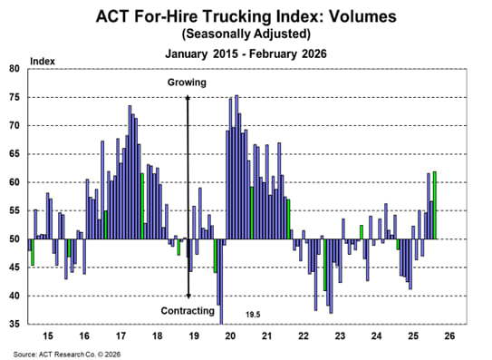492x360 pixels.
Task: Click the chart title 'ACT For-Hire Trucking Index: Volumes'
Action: pyautogui.click(x=245, y=15)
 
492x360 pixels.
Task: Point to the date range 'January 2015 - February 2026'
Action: pyautogui.click(x=246, y=53)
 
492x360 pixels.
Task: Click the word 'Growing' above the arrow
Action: pyautogui.click(x=188, y=83)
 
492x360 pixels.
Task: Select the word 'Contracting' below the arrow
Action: pyautogui.click(x=188, y=311)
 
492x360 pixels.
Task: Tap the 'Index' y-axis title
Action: pyautogui.click(x=43, y=61)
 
